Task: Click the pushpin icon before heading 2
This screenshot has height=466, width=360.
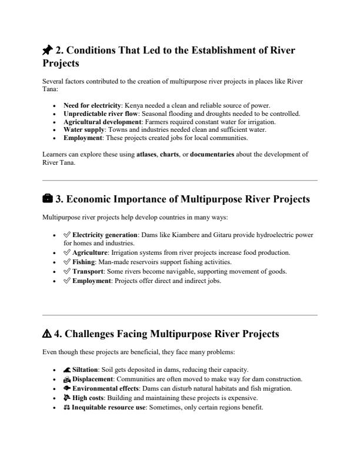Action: point(48,51)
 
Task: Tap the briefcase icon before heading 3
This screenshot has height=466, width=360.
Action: point(48,199)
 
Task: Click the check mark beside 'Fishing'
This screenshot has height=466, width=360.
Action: point(68,261)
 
